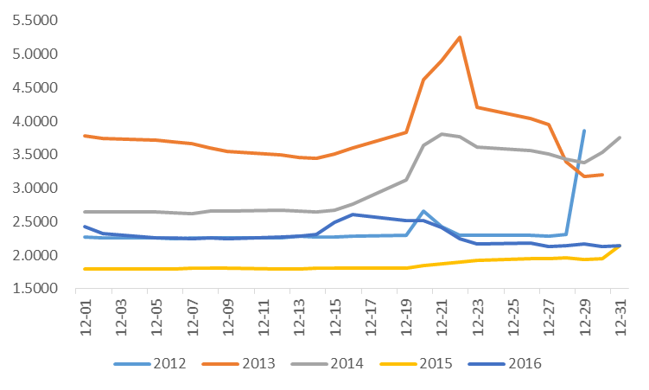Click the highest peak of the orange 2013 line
(459, 37)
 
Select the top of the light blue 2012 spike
(584, 131)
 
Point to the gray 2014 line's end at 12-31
(620, 137)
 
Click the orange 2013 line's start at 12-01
(85, 136)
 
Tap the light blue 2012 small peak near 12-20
(423, 211)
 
